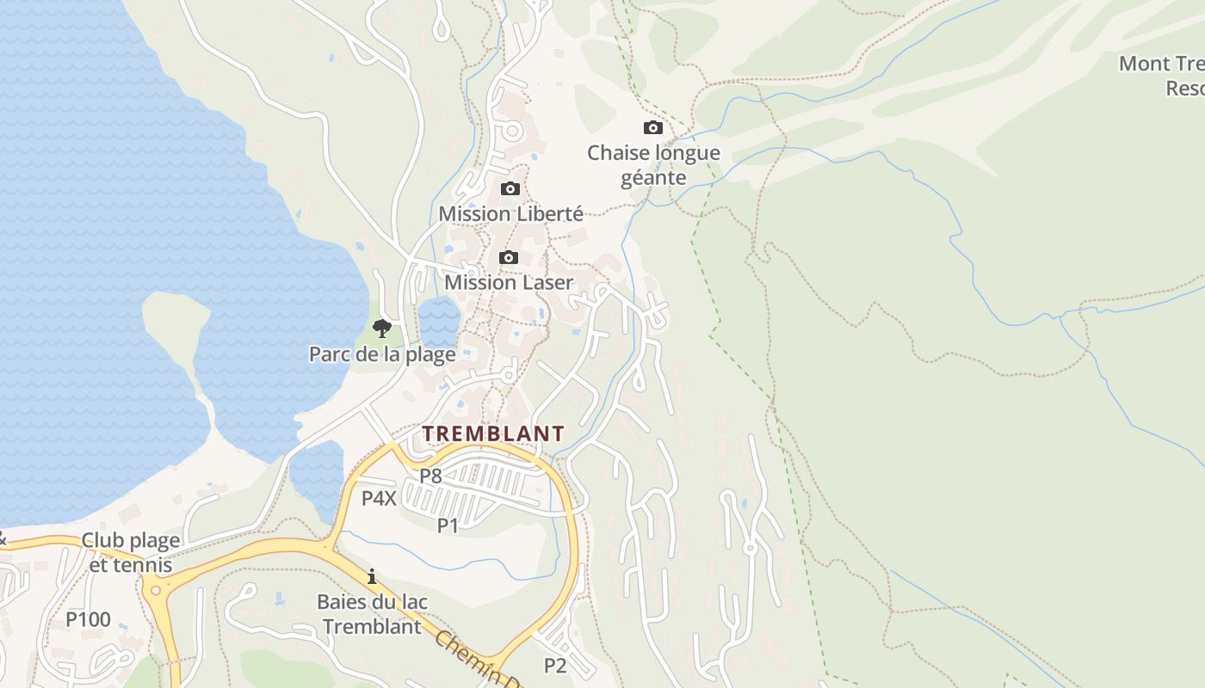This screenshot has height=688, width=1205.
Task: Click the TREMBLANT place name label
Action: pos(493,433)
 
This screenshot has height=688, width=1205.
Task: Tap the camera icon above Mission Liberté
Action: pos(510,189)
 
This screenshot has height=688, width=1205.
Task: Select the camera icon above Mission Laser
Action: pos(509,257)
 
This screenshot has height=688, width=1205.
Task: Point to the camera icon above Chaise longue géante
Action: pos(653,128)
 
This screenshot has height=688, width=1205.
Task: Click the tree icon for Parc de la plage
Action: pos(382,328)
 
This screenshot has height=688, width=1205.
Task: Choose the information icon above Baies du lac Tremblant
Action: pos(372,576)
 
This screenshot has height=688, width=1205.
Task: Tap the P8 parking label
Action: pos(430,475)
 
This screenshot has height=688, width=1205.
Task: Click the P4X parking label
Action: pos(379,498)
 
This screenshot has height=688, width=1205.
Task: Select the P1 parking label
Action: pos(448,525)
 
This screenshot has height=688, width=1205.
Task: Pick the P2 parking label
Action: pos(555,665)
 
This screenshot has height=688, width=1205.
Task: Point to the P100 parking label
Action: pos(89,619)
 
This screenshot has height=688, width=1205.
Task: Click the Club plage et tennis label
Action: pos(131,552)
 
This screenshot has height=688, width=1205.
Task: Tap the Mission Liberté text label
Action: pos(510,213)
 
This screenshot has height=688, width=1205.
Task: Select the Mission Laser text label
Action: pos(509,282)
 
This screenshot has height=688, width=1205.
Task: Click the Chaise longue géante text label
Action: pos(653,165)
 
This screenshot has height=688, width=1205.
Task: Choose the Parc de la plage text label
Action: pos(382,353)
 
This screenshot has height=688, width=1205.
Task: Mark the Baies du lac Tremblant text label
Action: pos(372,614)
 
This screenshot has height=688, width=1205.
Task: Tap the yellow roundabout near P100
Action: pos(155,590)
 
